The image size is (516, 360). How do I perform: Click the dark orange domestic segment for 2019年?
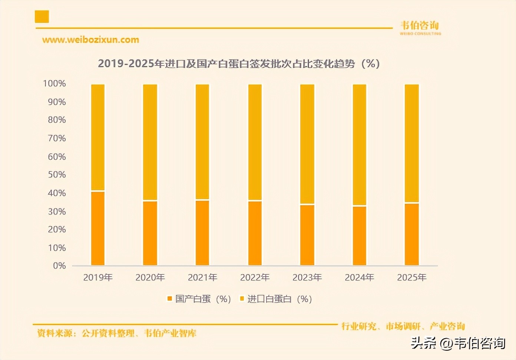point(98,228)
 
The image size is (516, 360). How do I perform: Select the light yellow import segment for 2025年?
point(411,143)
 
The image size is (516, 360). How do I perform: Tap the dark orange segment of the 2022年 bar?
point(255,233)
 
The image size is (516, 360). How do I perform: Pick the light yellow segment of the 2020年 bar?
point(150,142)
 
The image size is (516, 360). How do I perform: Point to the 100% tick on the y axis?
point(54,84)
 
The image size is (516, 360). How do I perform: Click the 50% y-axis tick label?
point(57,175)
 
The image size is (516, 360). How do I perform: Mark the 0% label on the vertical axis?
point(59,266)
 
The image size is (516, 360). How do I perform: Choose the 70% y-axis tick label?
point(57,139)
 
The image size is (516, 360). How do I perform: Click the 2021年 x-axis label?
point(202,277)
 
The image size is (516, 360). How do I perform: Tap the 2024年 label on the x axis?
point(359,277)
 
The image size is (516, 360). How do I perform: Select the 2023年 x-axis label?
point(307,277)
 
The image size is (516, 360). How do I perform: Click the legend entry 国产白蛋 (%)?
point(199,299)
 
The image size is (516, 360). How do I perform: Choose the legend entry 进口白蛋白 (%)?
point(276,299)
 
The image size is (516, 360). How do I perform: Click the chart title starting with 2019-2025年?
point(239,64)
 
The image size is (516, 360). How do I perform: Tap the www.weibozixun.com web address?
point(90,40)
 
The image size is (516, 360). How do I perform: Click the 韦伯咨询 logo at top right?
point(420,27)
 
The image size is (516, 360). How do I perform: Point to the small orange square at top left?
point(42,17)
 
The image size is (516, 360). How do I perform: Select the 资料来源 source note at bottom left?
point(117,333)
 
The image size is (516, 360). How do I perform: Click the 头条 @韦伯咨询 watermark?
point(458,343)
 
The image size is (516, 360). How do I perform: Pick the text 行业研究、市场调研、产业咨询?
point(403,326)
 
